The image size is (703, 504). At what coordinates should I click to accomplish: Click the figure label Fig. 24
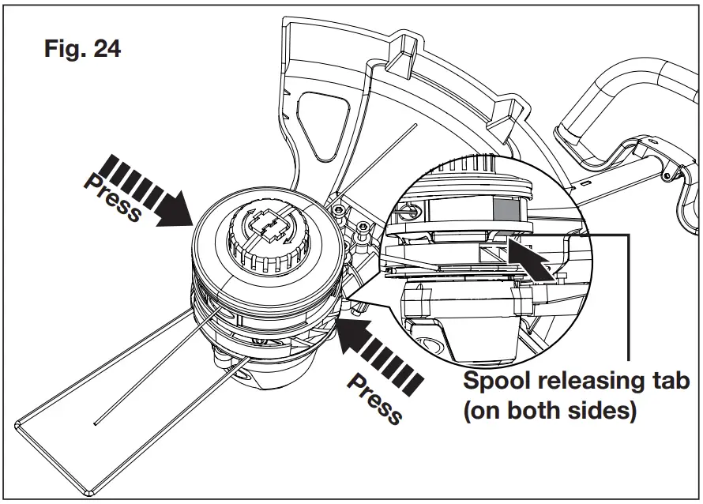point(81,49)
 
